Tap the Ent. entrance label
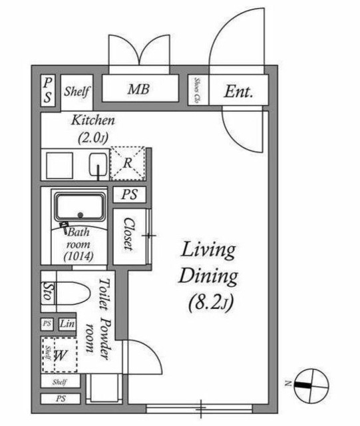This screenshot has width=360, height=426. coord(238,91)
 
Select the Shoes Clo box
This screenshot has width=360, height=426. coord(198,90)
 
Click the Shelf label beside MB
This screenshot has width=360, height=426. coord(77,91)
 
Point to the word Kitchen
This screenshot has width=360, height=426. coord(93,121)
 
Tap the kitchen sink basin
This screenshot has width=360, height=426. coord(98,163)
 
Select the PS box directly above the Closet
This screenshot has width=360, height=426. coord(129,196)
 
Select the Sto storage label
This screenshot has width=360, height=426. coord(48,294)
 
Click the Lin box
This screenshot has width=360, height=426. coord(67,324)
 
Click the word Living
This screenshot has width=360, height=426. coord(209,251)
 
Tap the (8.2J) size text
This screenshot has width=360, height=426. coord(208,304)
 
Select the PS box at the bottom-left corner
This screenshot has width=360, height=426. coord(60,399)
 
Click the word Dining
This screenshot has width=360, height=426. coord(208,277)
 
